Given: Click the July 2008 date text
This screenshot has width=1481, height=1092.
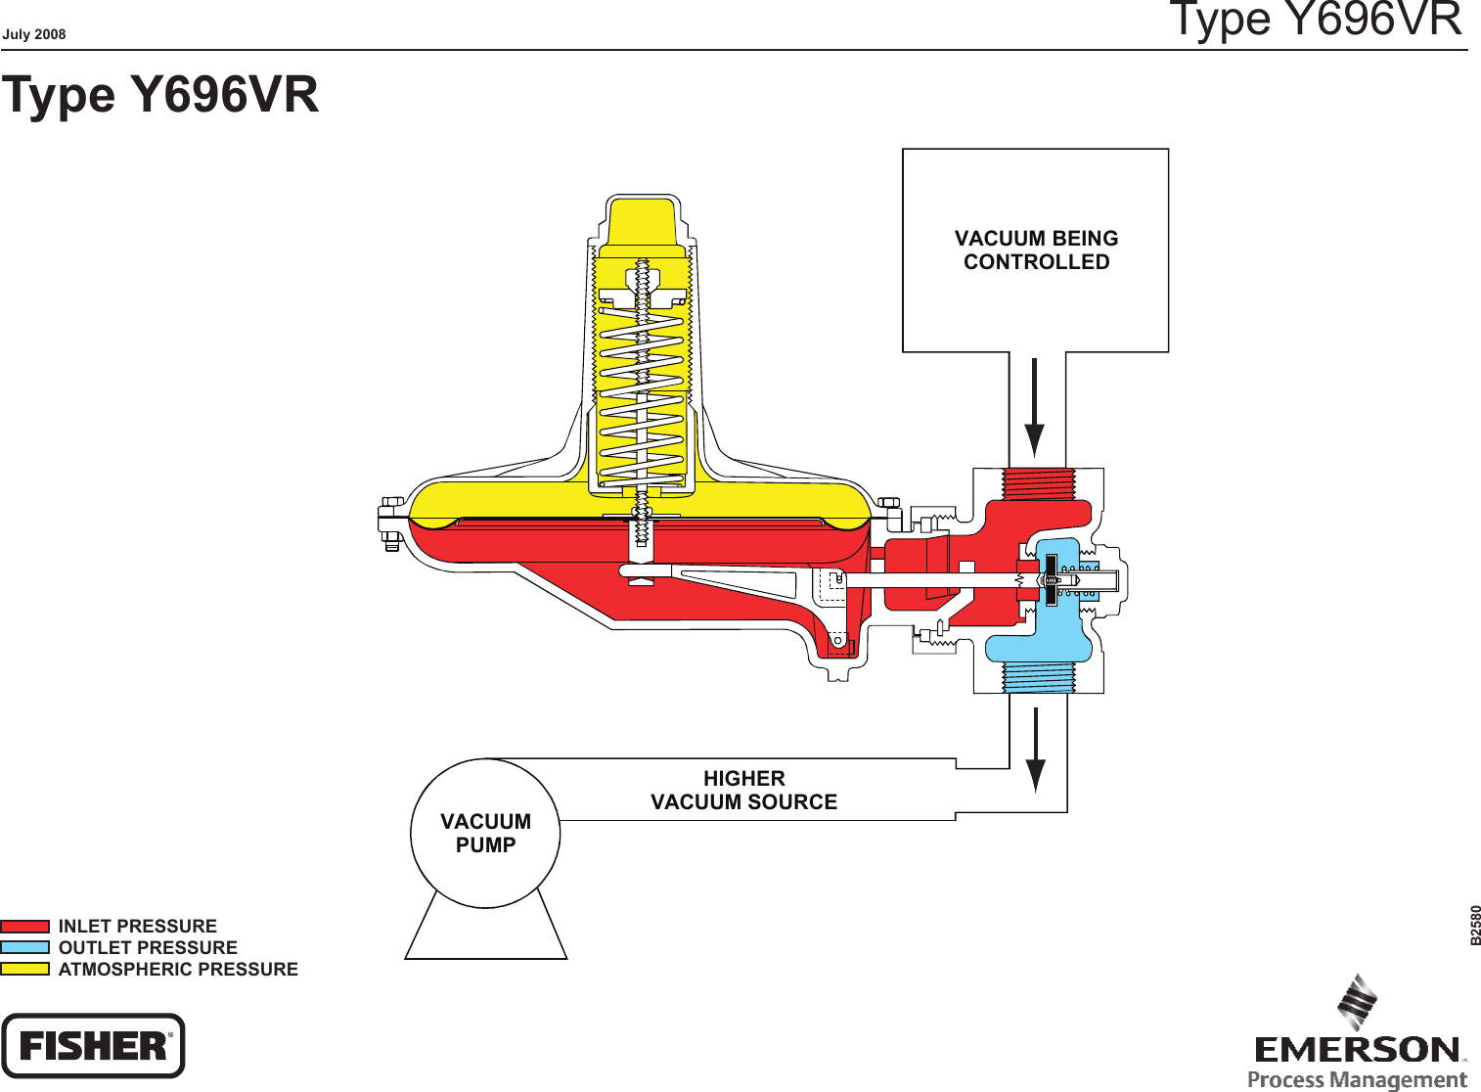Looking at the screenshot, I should [x=34, y=34].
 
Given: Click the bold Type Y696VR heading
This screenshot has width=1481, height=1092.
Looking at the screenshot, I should [x=160, y=95].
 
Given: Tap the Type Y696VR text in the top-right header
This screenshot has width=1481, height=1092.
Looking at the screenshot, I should [x=1316, y=20].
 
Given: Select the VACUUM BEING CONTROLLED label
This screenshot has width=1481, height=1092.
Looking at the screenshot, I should [x=1036, y=250].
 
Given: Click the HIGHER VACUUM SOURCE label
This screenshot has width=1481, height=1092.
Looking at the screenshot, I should [x=744, y=791].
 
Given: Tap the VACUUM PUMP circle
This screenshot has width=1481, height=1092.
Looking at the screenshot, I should [x=485, y=834].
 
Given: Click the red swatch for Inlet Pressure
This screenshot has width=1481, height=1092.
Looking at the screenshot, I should [x=25, y=927].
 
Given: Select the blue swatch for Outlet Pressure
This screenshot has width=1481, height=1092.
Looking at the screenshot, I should [x=25, y=948].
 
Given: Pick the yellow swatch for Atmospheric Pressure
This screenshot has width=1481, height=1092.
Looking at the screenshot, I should [x=25, y=970].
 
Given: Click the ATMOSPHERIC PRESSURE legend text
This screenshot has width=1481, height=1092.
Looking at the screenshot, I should [x=178, y=970].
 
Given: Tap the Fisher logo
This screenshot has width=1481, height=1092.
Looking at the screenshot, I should [x=93, y=1046].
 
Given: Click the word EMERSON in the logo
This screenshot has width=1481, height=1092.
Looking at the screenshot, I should [x=1358, y=1050].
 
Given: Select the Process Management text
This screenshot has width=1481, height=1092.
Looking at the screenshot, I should [x=1357, y=1080].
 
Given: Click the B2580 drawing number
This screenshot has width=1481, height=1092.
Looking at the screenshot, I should [x=1475, y=926].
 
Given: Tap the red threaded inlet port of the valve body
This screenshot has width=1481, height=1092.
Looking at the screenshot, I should [x=1038, y=484].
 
